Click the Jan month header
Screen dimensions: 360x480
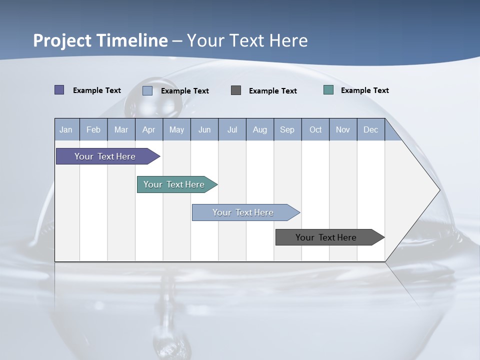click(66, 129)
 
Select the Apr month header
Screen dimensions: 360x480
click(148, 129)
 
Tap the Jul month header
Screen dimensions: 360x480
click(232, 129)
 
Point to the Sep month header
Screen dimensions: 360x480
click(287, 129)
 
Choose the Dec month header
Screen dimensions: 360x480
click(370, 129)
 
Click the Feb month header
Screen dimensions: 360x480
click(93, 129)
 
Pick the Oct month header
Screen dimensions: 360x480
click(315, 129)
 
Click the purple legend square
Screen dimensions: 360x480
click(59, 90)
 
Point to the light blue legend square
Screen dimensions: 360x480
click(147, 90)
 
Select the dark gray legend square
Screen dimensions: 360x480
click(236, 90)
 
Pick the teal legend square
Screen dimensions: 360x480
click(328, 90)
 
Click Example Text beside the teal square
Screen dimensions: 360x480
click(364, 90)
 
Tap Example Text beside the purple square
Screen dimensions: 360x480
click(97, 90)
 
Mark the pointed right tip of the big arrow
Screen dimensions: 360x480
click(439, 189)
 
